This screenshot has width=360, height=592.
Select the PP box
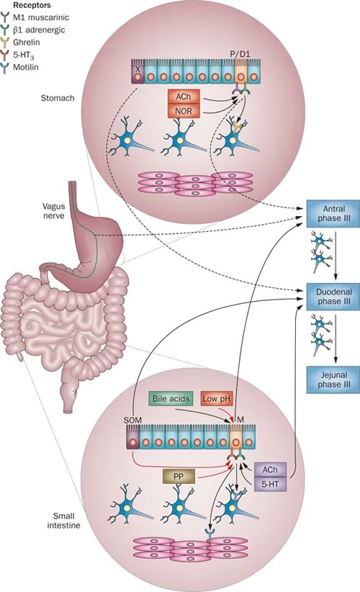[180, 476]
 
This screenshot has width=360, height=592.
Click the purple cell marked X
[135, 72]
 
